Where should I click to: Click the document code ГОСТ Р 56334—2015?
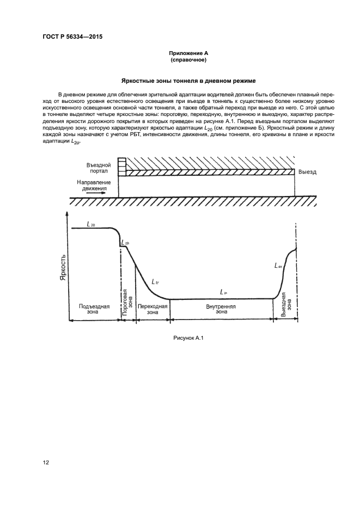[x=72, y=37]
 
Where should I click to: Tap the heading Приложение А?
[x=188, y=53]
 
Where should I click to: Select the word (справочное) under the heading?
[x=188, y=60]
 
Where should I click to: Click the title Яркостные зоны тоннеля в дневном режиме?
[x=188, y=81]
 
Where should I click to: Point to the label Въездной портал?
[x=99, y=167]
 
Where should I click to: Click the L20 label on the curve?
[x=91, y=223]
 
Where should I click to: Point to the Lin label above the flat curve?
[x=223, y=293]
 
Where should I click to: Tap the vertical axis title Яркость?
[x=63, y=266]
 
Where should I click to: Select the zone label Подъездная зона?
[x=94, y=309]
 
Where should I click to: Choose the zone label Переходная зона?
[x=152, y=309]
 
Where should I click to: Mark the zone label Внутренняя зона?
[x=221, y=309]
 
